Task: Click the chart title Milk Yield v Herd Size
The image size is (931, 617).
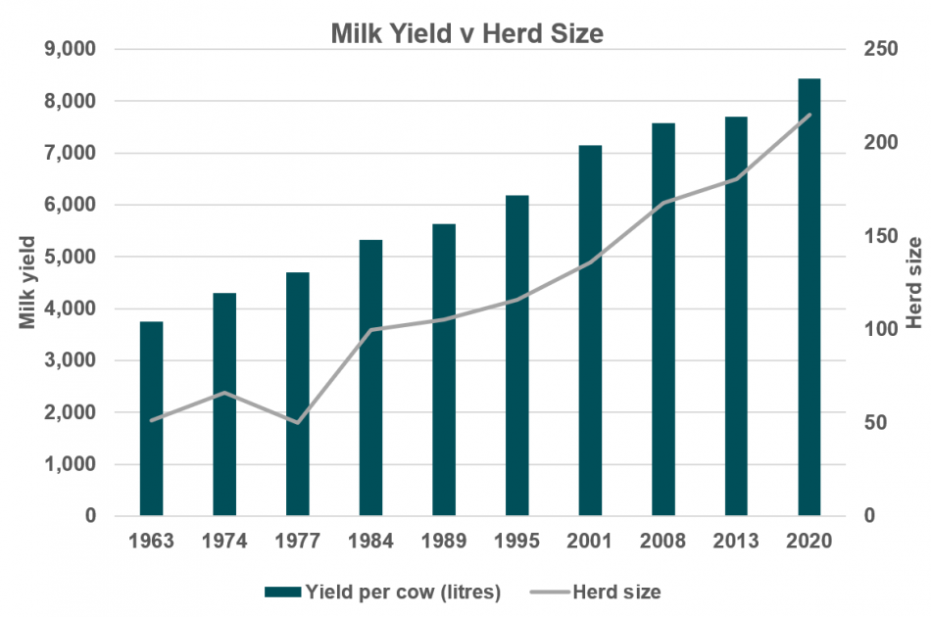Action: click(465, 34)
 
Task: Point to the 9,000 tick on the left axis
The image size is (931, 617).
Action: click(72, 49)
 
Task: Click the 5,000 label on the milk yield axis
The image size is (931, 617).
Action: click(72, 257)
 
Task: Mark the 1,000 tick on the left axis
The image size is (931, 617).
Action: click(72, 464)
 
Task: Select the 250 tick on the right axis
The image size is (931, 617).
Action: click(881, 49)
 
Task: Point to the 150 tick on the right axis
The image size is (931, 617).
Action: click(881, 236)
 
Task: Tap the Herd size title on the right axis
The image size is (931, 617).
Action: click(913, 282)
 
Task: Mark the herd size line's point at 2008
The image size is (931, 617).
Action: click(663, 203)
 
